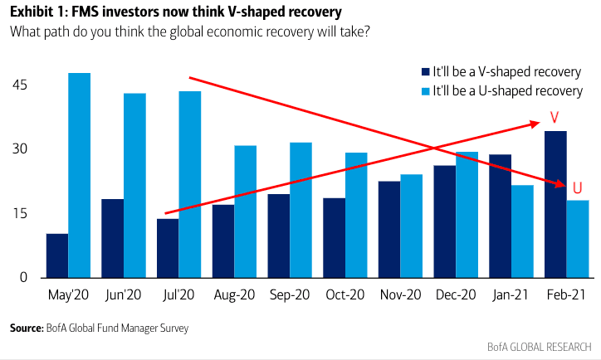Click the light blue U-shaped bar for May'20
[x=80, y=175]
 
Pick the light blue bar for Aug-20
[x=245, y=212]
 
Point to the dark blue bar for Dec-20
[x=444, y=221]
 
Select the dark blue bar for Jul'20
[x=168, y=248]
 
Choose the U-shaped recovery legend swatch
[x=423, y=90]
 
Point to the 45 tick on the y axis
[x=20, y=85]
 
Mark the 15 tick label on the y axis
[x=20, y=214]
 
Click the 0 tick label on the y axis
[x=24, y=278]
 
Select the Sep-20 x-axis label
[x=290, y=296]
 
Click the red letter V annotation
[x=555, y=117]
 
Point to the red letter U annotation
[x=577, y=187]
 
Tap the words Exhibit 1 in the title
[x=37, y=12]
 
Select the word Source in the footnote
[x=26, y=328]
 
